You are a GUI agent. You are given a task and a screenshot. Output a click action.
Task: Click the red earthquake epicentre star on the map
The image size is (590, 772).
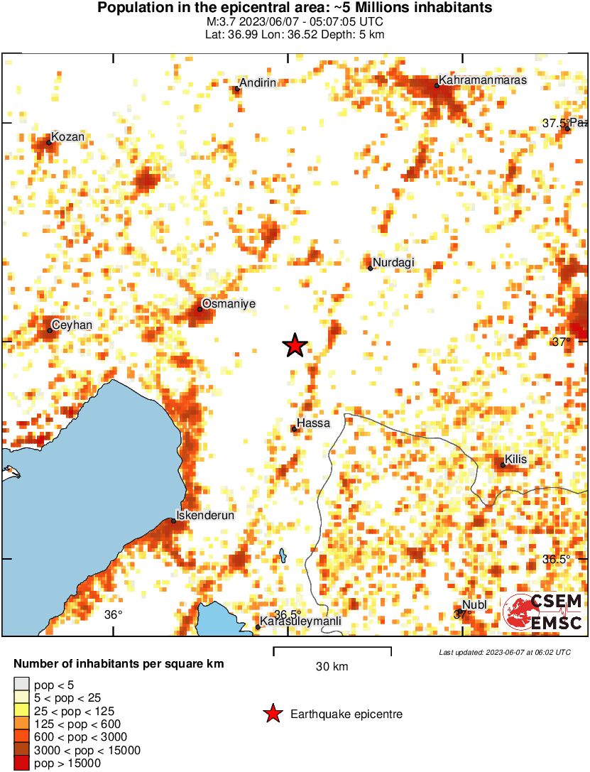[295, 346]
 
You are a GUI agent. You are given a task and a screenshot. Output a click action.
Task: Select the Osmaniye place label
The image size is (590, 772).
[228, 304]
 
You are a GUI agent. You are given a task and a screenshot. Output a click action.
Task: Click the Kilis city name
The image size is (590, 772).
[515, 460]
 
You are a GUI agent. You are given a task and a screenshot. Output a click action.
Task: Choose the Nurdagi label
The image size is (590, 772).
[393, 263]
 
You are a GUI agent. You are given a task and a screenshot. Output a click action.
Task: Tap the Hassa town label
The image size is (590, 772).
[313, 423]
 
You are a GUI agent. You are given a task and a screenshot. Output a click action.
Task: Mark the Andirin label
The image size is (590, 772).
[257, 83]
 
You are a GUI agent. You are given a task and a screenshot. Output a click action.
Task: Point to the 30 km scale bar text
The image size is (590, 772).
[332, 666]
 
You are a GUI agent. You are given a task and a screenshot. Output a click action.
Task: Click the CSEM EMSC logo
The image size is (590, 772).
[543, 612]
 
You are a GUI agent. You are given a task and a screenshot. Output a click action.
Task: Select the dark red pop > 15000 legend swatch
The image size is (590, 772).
[22, 763]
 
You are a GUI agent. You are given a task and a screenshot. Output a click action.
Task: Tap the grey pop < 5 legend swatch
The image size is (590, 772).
[22, 685]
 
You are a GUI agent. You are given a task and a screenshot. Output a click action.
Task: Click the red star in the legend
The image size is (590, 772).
[271, 714]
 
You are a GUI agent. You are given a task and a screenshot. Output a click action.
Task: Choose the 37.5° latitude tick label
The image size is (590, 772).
[555, 123]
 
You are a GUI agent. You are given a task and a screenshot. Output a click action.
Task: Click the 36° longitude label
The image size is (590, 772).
[114, 615]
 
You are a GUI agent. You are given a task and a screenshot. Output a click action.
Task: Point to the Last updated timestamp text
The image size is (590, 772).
[504, 652]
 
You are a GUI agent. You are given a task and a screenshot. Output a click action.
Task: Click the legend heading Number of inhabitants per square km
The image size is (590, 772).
[119, 665]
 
